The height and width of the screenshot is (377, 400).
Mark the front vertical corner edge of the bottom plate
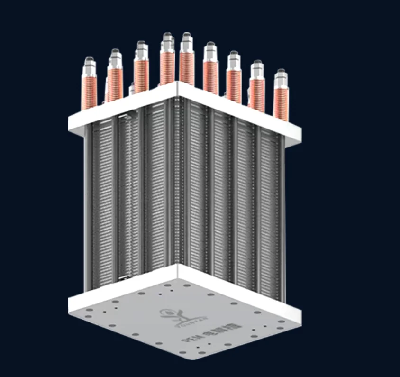178,272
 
